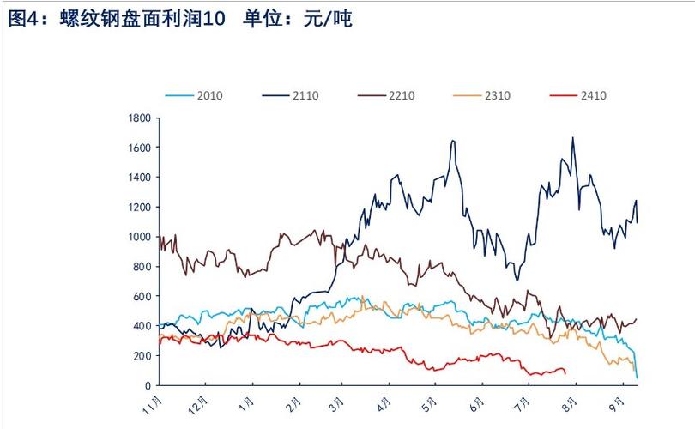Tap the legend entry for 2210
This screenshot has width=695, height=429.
[x=401, y=95]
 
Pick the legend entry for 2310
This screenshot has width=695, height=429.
[x=497, y=95]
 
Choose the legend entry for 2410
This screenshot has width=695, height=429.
[x=592, y=95]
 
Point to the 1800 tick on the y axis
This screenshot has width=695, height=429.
[x=140, y=118]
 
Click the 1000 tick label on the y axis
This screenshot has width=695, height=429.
[x=140, y=237]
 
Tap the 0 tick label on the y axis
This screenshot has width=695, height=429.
[x=148, y=385]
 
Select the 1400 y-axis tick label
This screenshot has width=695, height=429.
[x=140, y=178]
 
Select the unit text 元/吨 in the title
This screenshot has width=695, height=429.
[x=325, y=19]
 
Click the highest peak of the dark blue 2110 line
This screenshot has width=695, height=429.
[x=572, y=137]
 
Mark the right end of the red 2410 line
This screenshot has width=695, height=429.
[x=565, y=371]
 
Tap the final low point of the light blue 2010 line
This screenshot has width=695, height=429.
[x=637, y=377]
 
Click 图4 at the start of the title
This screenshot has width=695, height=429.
[x=21, y=19]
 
